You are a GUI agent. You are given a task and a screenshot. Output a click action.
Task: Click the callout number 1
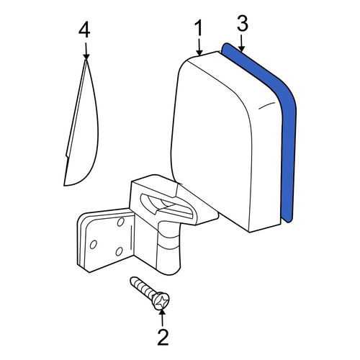199,28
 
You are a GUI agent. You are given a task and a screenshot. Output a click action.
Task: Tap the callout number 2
163,337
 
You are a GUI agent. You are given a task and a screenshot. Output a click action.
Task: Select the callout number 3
243,23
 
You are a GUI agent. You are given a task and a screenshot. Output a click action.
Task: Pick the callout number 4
84,30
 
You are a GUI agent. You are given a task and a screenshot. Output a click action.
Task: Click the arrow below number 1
199,47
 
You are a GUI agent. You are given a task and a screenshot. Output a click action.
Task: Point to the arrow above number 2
162,318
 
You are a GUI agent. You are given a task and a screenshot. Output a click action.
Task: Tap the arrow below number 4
86,51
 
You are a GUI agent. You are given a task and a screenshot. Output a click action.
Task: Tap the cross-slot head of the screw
161,301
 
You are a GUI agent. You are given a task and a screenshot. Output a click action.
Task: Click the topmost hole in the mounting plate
120,222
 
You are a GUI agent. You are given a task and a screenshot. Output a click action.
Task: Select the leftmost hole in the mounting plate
93,245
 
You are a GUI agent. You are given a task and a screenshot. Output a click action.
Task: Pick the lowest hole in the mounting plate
119,251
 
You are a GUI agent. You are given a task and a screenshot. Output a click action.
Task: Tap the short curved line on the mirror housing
266,105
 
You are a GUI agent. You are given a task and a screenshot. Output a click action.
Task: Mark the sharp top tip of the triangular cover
86,60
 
